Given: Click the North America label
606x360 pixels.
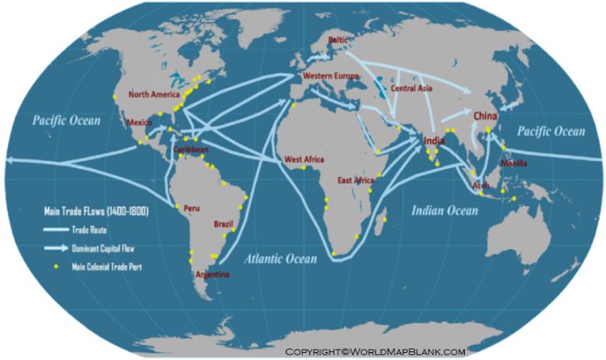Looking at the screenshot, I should pos(154,95).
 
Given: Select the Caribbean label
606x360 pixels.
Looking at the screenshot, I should pos(190,148).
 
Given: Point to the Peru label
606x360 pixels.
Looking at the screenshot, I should pos(191,208).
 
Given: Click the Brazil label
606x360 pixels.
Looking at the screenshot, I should pos(223,224).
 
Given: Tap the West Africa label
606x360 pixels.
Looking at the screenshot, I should pos(304,159).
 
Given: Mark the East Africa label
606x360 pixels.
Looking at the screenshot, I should pos(355,180).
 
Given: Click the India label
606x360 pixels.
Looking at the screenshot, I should pos(434,141).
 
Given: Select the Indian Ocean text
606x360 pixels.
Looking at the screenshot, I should pos(444,210).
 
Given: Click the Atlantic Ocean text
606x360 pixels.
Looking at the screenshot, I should pos(280,258).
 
